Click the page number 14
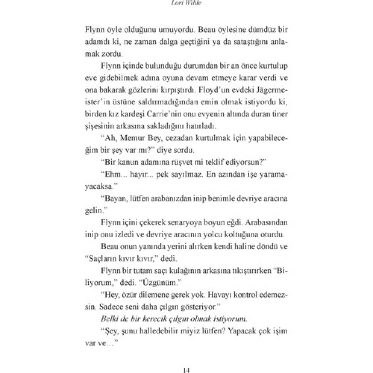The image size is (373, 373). (186, 370)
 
